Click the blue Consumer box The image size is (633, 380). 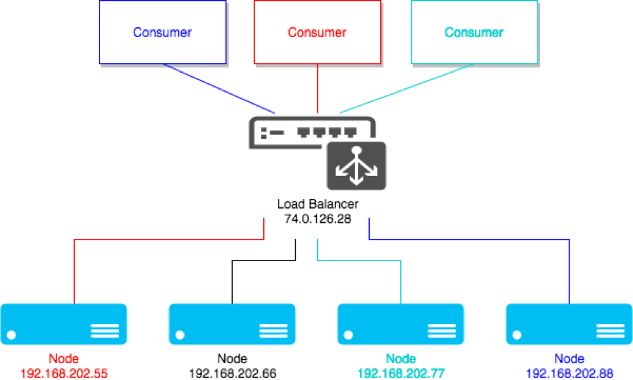pos(162,32)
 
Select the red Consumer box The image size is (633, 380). pos(317,32)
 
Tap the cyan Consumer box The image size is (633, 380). pos(474,32)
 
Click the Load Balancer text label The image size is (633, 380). pos(318,205)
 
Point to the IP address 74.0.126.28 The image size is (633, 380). pos(318,219)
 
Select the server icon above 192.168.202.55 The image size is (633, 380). pos(64,324)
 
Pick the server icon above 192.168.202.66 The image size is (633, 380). pos(232,324)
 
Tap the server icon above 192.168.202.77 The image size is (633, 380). pos(401,324)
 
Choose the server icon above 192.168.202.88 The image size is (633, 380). pos(569,324)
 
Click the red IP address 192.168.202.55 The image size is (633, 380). pos(64,374)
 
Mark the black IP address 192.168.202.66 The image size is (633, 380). pos(232,374)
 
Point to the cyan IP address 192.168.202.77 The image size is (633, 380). pos(401,374)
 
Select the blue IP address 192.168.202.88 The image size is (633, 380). pos(569,374)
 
